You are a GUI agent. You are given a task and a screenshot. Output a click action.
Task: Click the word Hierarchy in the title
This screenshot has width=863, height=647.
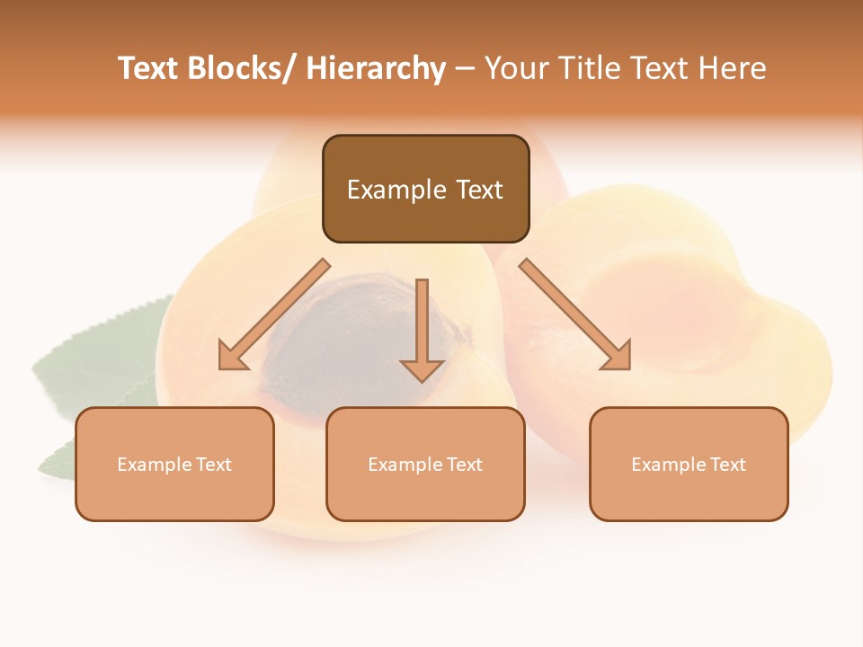[x=376, y=69]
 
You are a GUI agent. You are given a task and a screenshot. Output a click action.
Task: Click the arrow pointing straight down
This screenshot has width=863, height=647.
[x=422, y=332]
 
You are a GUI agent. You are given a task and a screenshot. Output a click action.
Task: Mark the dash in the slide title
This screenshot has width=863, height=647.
[x=465, y=69]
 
